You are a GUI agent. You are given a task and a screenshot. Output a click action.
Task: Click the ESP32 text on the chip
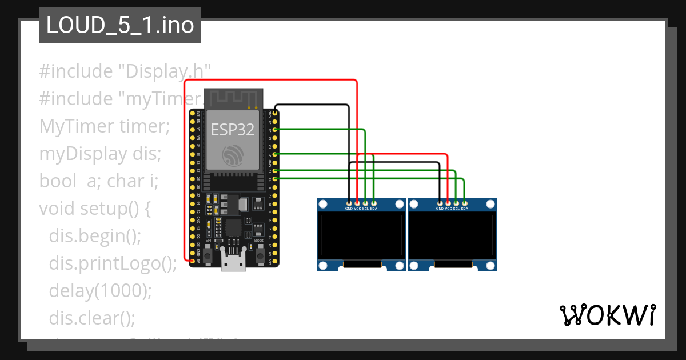pos(233,130)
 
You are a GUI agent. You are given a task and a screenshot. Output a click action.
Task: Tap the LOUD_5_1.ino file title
pos(119,26)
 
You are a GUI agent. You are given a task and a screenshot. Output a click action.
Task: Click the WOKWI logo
pos(607,315)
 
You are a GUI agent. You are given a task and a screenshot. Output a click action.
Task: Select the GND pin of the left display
pos(349,203)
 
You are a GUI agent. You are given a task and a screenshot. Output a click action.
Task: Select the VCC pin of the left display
pos(357,203)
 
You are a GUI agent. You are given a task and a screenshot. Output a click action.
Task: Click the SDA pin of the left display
pos(374,203)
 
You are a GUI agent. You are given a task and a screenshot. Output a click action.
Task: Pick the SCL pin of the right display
pos(456,203)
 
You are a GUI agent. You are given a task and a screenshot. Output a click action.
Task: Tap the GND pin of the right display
pos(440,203)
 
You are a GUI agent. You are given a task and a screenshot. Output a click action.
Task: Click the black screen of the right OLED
pos(452,236)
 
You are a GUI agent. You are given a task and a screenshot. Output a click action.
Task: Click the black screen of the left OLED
pos(361,236)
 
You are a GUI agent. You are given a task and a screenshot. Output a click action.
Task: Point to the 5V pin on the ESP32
pos(192,261)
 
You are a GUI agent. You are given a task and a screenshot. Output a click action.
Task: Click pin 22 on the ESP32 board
pos(276,130)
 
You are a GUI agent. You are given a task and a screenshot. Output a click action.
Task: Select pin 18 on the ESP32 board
pos(276,179)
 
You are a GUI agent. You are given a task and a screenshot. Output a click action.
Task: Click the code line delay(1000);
pos(101,291)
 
